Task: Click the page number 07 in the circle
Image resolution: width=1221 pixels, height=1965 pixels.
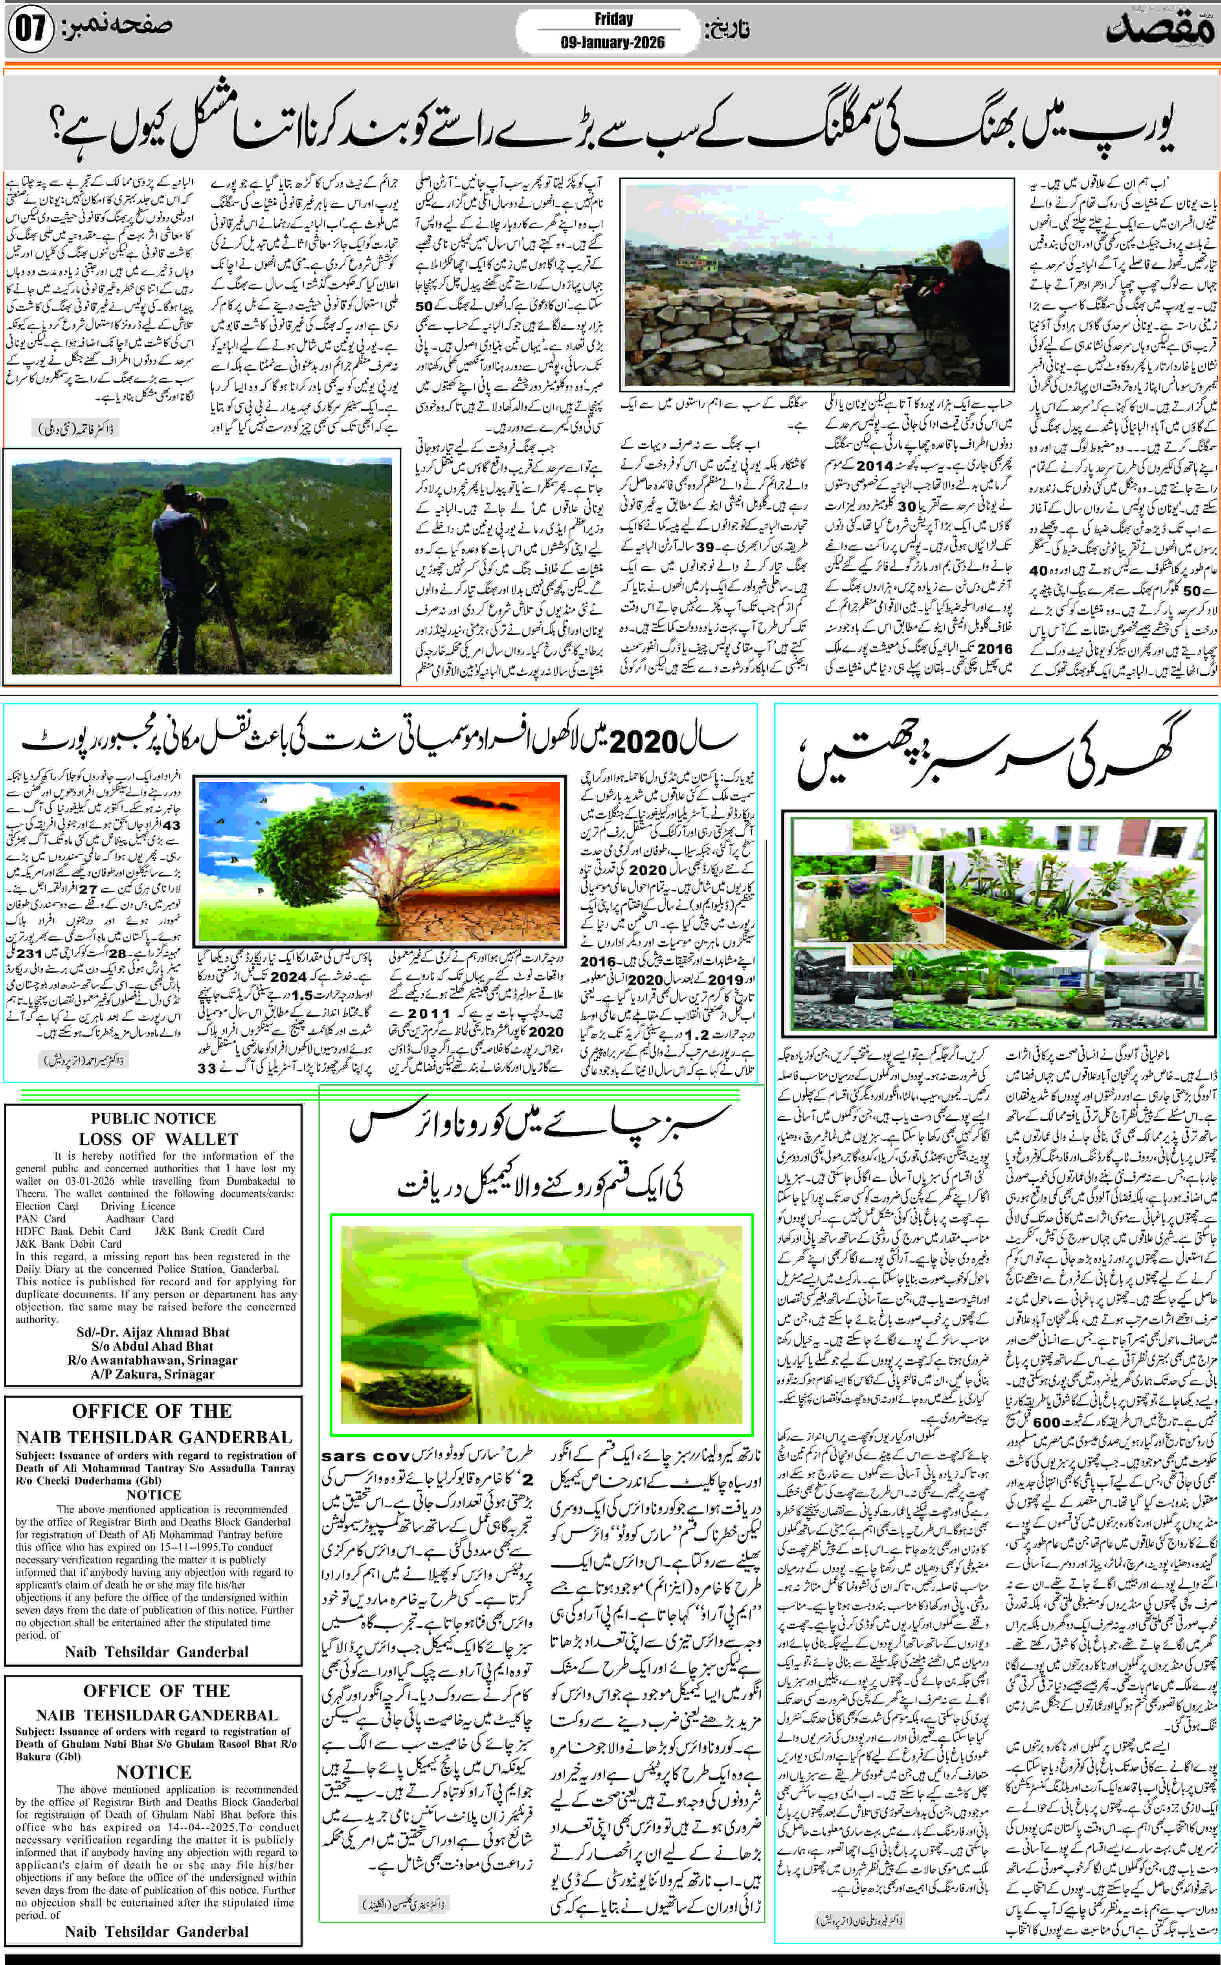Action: click(x=31, y=30)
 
